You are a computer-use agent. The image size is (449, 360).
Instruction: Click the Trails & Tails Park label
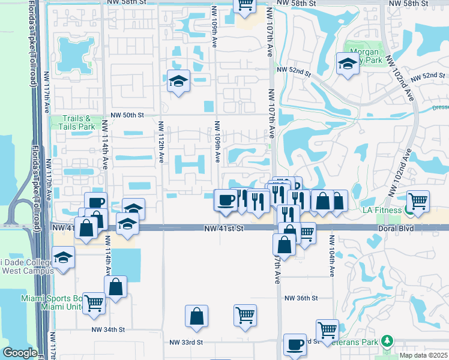[78, 122]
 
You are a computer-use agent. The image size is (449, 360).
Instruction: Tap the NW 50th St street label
[127, 115]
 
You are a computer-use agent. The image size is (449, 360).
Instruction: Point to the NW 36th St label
[300, 298]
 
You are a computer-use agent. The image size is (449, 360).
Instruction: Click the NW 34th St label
[108, 329]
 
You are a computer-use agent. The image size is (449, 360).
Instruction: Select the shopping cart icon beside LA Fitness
[418, 201]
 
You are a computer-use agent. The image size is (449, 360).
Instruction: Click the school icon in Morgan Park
[348, 64]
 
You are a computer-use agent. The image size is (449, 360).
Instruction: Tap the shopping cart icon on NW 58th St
[244, 5]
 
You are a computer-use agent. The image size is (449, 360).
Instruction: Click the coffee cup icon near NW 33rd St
[295, 344]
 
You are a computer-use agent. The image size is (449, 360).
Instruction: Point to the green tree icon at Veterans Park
[387, 341]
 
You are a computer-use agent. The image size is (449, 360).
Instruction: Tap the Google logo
[20, 353]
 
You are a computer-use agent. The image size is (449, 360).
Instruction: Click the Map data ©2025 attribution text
[423, 355]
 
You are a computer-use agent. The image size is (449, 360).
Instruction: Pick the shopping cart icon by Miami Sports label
[94, 304]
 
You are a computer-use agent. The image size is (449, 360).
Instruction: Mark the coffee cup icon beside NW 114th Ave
[95, 203]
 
